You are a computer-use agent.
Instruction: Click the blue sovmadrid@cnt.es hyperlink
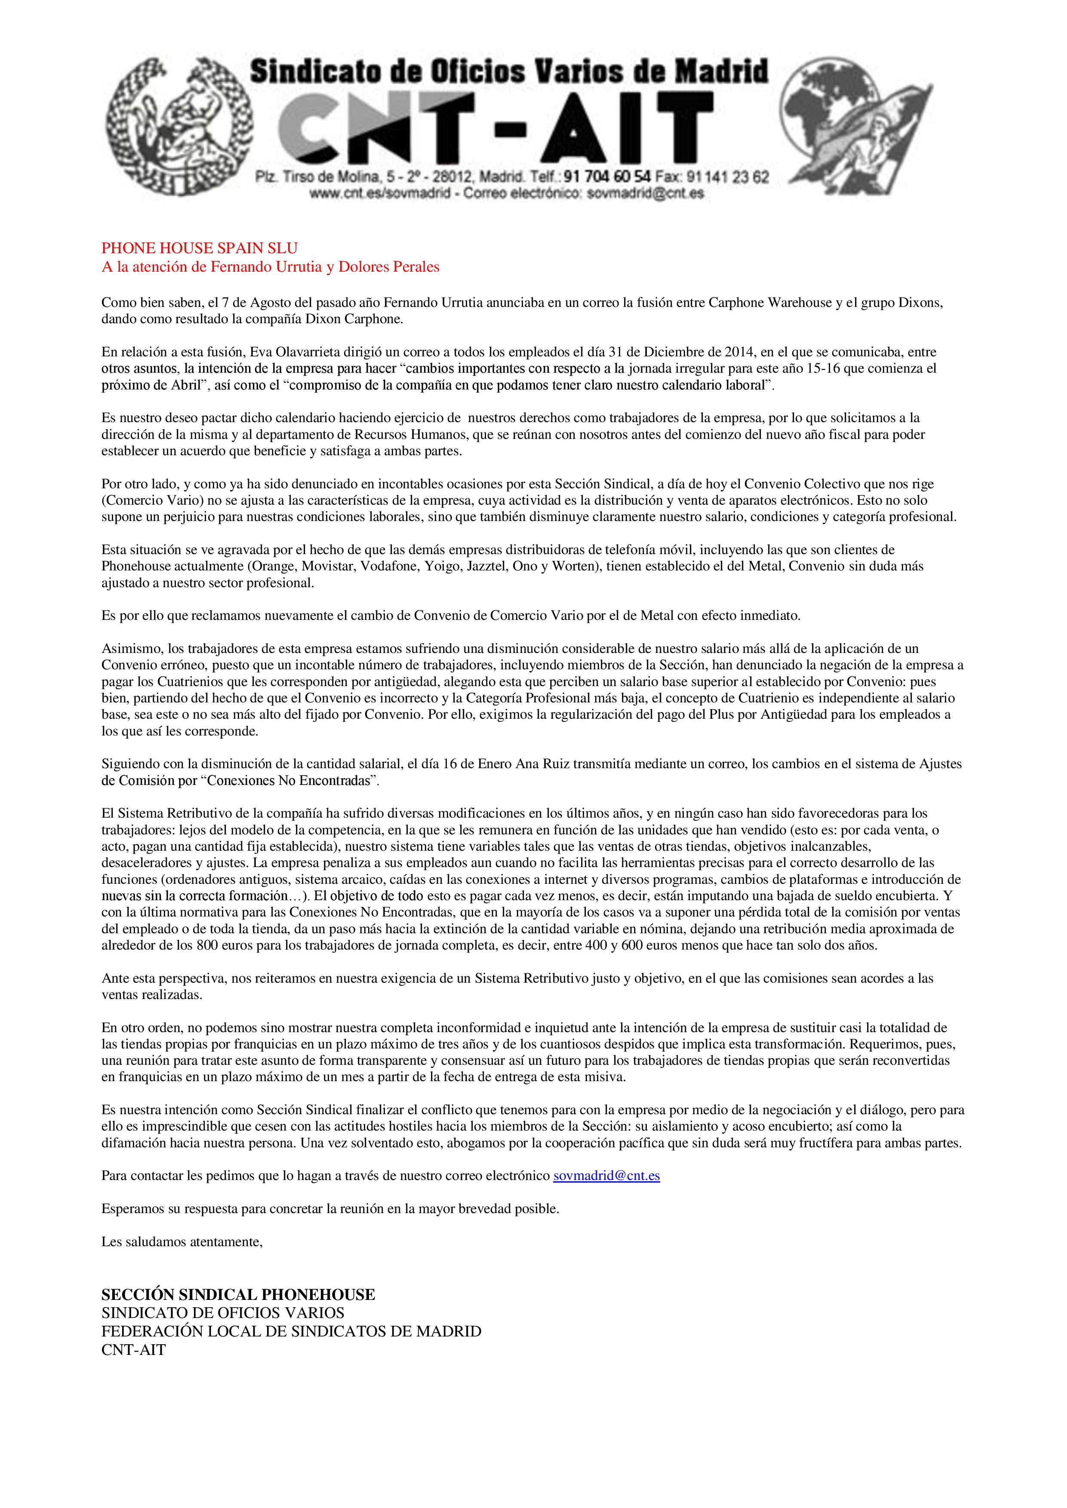pyautogui.click(x=606, y=1176)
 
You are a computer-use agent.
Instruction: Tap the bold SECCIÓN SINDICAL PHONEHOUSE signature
pyautogui.click(x=238, y=1294)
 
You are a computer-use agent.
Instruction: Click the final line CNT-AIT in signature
pyautogui.click(x=133, y=1350)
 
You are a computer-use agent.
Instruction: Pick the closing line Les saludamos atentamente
pyautogui.click(x=182, y=1241)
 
